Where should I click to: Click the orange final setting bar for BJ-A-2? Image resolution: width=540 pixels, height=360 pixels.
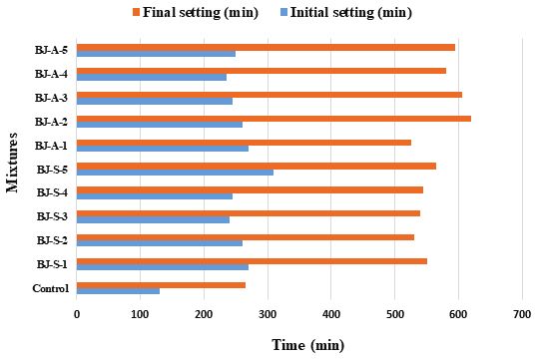[273, 119]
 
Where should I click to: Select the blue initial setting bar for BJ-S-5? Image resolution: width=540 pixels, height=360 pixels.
[175, 173]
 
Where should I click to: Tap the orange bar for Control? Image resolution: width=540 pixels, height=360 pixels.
[161, 285]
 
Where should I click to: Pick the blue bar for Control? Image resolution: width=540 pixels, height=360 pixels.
[118, 291]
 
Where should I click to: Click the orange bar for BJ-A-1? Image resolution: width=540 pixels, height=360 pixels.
[244, 143]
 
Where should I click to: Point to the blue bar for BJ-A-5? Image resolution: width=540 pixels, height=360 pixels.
[156, 54]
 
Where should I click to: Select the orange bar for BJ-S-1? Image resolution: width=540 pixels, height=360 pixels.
[252, 261]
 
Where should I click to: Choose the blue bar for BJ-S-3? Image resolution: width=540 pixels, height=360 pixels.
[153, 220]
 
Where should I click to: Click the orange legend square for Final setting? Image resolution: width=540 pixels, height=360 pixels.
[136, 12]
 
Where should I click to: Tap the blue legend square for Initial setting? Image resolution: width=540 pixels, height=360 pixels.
[283, 12]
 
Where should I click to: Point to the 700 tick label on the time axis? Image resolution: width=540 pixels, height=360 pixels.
[522, 314]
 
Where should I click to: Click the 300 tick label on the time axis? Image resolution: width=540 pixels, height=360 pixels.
[268, 314]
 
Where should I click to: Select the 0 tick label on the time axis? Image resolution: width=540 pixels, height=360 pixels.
[77, 314]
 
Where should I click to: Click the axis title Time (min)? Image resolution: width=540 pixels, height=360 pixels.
[308, 345]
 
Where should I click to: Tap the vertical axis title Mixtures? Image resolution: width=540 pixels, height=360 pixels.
[12, 163]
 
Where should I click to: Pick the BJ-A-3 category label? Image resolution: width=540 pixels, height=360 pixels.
[51, 98]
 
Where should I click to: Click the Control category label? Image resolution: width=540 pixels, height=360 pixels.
[51, 288]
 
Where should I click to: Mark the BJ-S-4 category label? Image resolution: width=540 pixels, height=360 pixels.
[52, 192]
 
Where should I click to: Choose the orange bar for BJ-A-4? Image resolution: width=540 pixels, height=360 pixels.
[262, 71]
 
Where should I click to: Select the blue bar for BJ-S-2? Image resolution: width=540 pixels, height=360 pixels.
[160, 243]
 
